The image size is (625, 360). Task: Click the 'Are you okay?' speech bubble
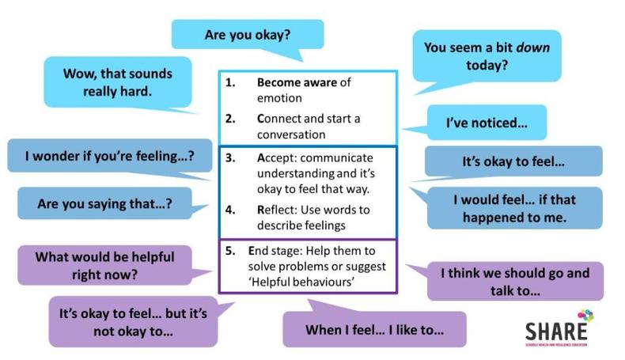point(248,35)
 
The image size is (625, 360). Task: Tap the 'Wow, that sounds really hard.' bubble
point(118,82)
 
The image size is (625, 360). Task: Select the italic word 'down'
point(532,47)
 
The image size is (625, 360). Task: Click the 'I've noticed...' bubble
point(487,123)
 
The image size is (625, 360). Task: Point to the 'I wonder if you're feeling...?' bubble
point(110,156)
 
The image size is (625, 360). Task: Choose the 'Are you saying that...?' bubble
point(105,203)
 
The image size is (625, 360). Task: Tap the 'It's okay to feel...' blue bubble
point(513,161)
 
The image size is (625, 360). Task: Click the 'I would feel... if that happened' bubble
point(514,208)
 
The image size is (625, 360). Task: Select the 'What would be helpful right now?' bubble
point(105,266)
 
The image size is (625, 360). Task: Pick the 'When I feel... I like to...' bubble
point(374,330)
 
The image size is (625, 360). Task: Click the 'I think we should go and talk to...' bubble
point(515,282)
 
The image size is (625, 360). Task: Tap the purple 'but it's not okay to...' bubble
point(133,322)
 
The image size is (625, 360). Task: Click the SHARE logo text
point(556,332)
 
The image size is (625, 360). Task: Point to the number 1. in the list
point(230,82)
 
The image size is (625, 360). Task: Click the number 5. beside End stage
point(230,251)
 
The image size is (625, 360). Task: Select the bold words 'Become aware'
point(297,82)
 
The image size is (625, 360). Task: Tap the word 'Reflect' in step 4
point(277,210)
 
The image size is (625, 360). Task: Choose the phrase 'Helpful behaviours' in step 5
point(302,282)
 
